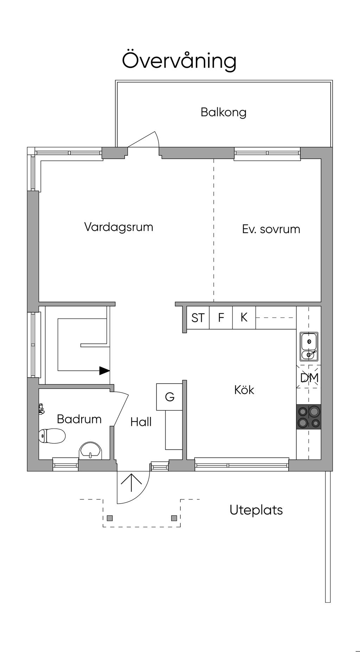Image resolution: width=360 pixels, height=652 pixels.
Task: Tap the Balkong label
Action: [x=223, y=112]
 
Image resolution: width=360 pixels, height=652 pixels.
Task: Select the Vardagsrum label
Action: [x=118, y=227]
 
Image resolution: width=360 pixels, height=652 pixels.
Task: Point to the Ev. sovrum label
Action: [x=271, y=229]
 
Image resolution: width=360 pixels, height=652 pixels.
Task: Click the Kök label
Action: [x=244, y=390]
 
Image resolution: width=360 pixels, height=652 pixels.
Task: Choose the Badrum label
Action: [x=79, y=419]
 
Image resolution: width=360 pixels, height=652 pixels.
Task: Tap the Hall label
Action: [x=141, y=422]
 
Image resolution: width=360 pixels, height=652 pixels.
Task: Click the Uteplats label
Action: [x=256, y=510]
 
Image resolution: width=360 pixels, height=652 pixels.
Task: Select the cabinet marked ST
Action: [x=198, y=318]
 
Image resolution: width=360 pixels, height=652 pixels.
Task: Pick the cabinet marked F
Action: [x=221, y=318]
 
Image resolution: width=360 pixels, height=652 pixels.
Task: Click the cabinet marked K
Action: [x=244, y=318]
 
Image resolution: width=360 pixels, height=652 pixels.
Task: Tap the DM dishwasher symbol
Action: [x=309, y=378]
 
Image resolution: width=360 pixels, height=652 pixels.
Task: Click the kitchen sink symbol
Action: [x=309, y=346]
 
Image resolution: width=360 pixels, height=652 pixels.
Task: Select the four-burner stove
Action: [x=309, y=417]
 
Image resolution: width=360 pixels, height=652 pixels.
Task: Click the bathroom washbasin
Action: [x=91, y=451]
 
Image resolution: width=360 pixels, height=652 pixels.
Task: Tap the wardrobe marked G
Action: [x=169, y=397]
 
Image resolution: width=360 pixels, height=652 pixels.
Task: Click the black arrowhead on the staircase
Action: [x=104, y=371]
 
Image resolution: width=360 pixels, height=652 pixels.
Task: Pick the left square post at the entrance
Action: [x=110, y=518]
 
